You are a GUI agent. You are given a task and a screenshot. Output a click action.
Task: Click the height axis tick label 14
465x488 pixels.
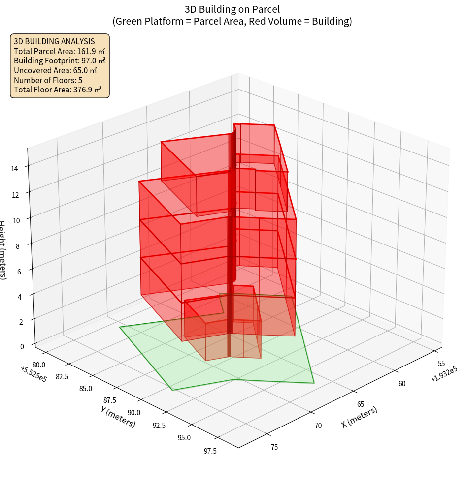point(15,169)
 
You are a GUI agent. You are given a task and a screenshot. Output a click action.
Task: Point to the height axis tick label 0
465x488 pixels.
point(21,346)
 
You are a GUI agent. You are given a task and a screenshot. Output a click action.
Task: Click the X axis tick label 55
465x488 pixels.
point(441,363)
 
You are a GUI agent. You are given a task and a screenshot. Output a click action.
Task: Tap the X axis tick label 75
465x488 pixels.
point(274,447)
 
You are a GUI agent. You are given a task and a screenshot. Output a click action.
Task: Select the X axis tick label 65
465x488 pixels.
point(361,404)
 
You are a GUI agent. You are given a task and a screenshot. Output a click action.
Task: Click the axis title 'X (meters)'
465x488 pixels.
point(359,417)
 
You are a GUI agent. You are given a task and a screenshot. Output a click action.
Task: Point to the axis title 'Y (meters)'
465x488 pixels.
point(118,416)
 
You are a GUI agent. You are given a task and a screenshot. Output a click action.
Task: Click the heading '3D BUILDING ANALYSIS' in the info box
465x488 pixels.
point(54,41)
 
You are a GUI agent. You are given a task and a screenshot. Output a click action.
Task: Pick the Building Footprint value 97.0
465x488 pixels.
point(90,61)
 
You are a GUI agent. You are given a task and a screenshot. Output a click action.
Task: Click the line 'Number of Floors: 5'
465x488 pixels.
point(48,80)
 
